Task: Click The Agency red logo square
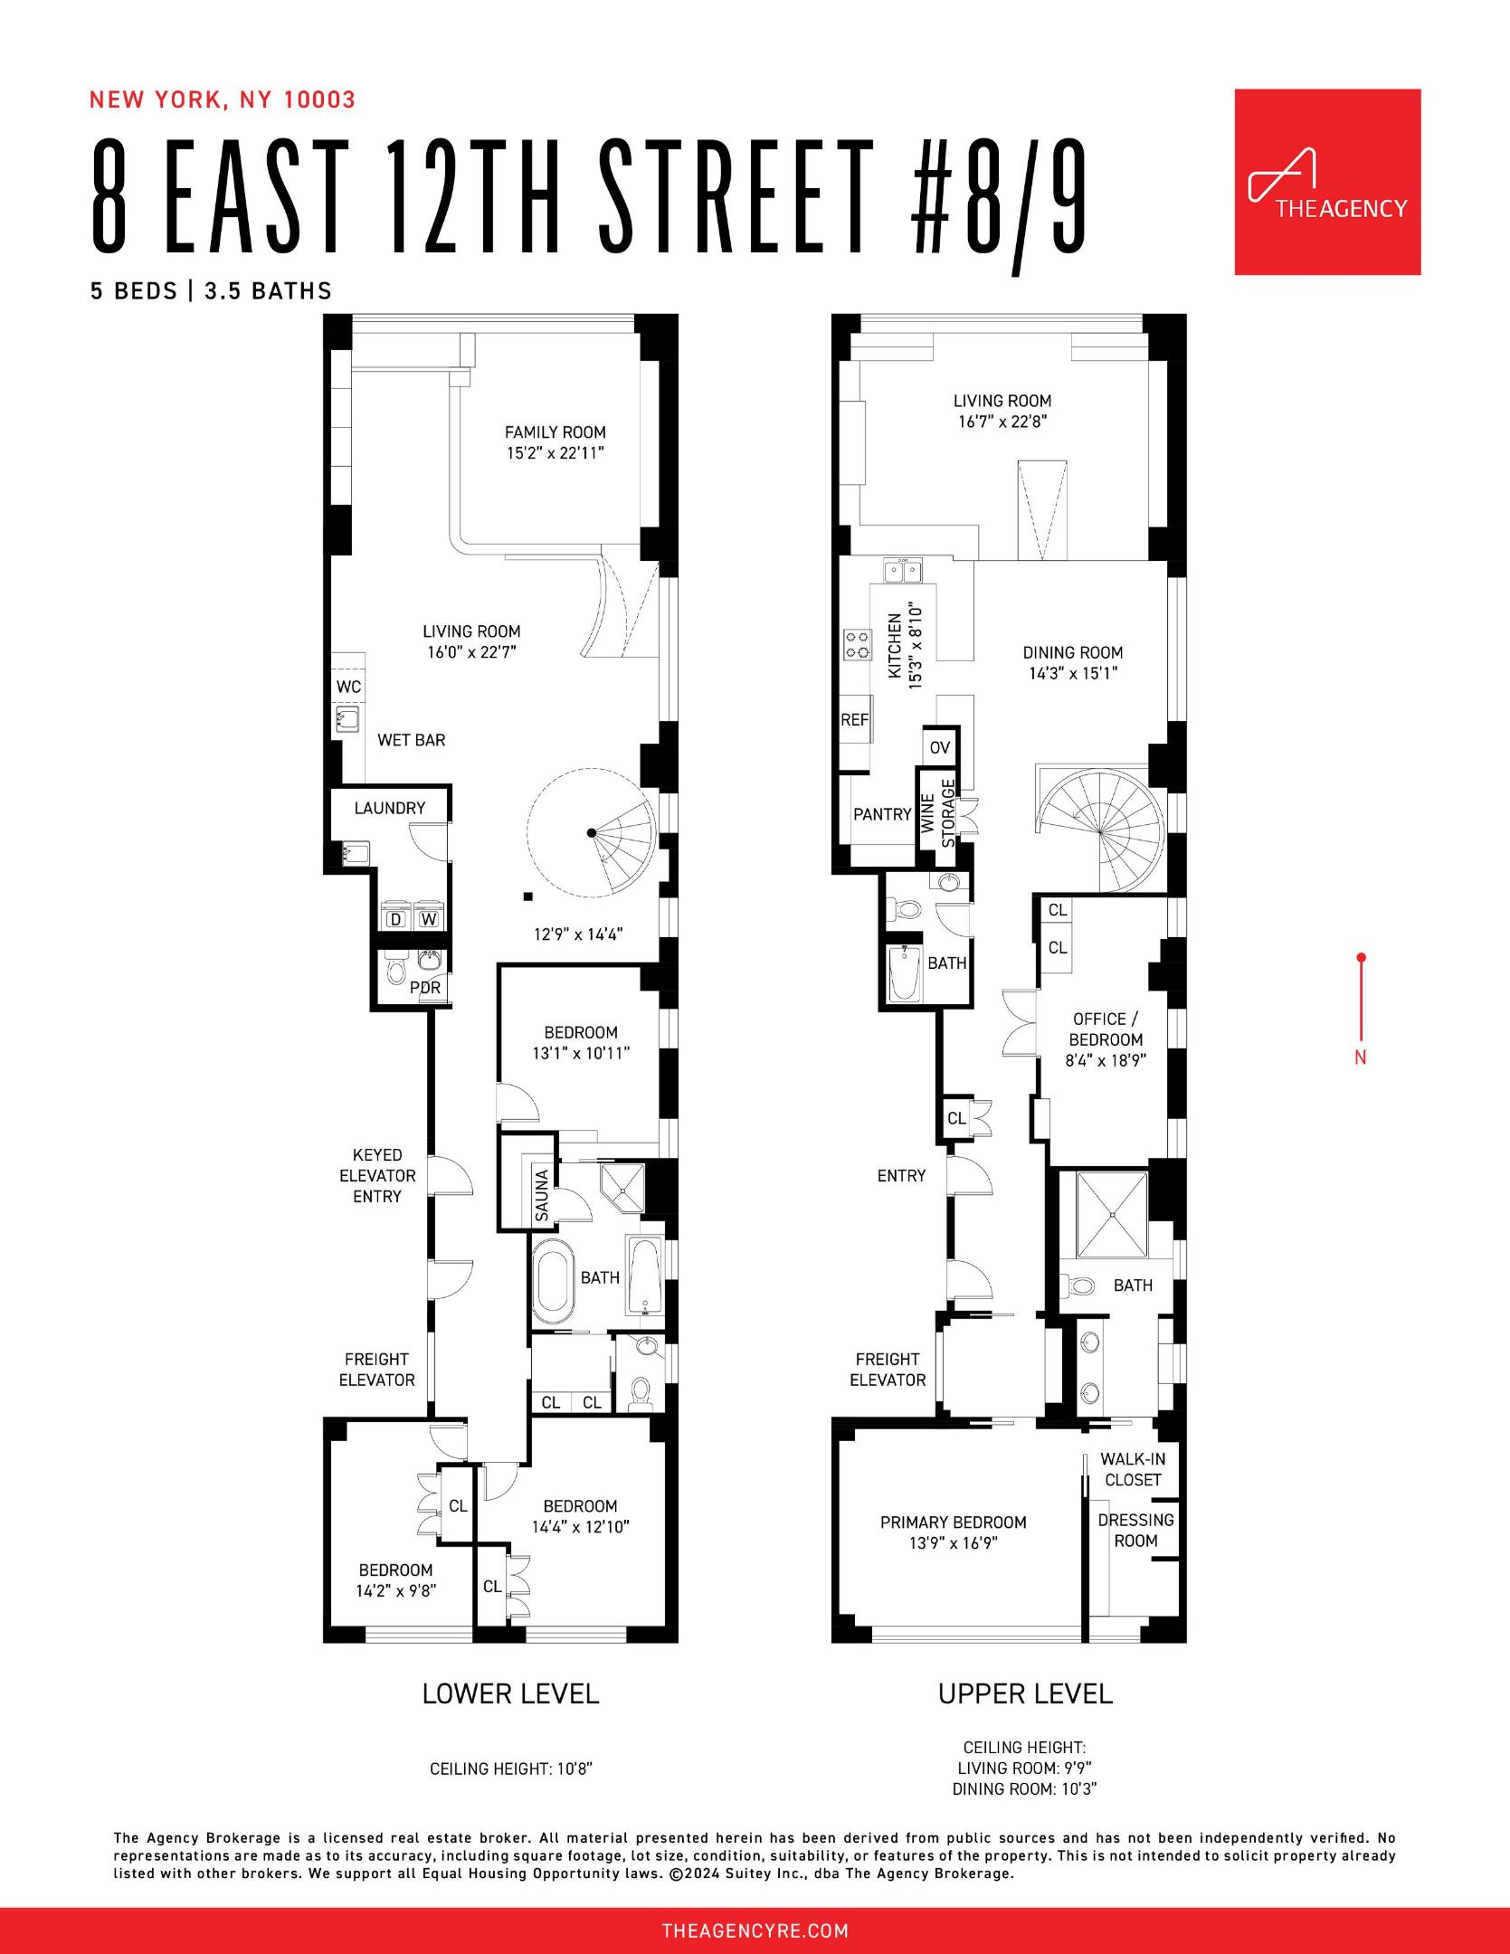click(x=1327, y=182)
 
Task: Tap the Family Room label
click(x=555, y=432)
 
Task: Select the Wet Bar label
click(x=411, y=740)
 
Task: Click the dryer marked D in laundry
click(x=395, y=920)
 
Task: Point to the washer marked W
click(x=429, y=920)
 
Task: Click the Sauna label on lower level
click(x=542, y=1196)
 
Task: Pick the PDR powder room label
click(x=425, y=988)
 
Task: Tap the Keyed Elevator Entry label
click(x=377, y=1175)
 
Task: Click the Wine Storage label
click(x=937, y=813)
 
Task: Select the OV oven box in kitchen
click(x=940, y=747)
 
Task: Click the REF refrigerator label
click(x=854, y=720)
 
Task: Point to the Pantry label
click(x=882, y=814)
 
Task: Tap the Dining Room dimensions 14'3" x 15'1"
click(x=1073, y=673)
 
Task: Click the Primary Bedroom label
click(x=953, y=1522)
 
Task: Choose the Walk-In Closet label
click(x=1133, y=1469)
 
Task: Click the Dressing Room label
click(x=1135, y=1530)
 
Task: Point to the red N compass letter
click(x=1360, y=1057)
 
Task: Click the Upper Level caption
click(x=1025, y=1693)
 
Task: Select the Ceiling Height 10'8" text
click(x=510, y=1769)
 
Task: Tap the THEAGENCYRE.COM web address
click(x=755, y=1931)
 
